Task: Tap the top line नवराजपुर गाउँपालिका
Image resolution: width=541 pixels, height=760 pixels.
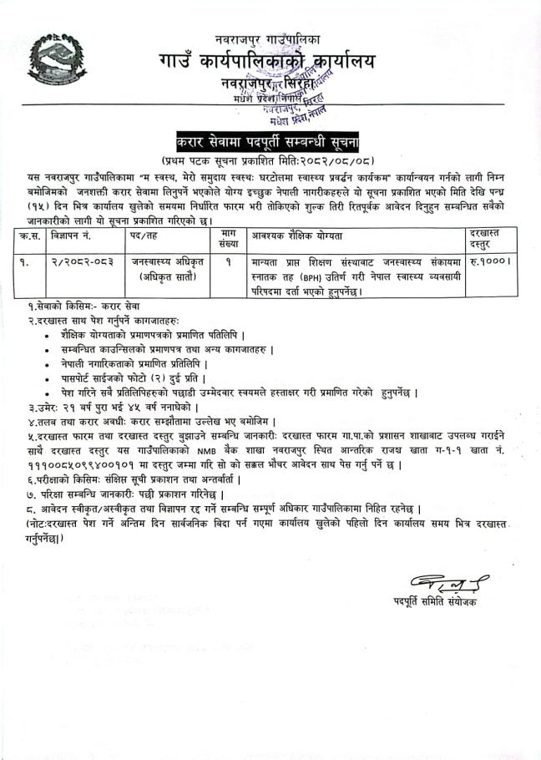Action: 268,39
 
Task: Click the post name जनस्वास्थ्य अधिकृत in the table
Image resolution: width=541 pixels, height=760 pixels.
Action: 163,261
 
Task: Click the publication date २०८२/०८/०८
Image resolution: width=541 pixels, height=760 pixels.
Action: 334,159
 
